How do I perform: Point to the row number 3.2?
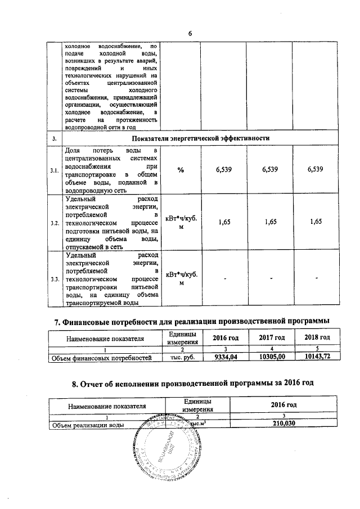point(55,223)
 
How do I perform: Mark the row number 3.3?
point(55,279)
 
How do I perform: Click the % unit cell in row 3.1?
point(181,170)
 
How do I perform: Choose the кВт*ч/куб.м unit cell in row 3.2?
point(181,223)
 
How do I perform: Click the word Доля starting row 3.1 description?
point(73,151)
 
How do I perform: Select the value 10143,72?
point(316,357)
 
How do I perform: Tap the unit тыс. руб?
point(182,357)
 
